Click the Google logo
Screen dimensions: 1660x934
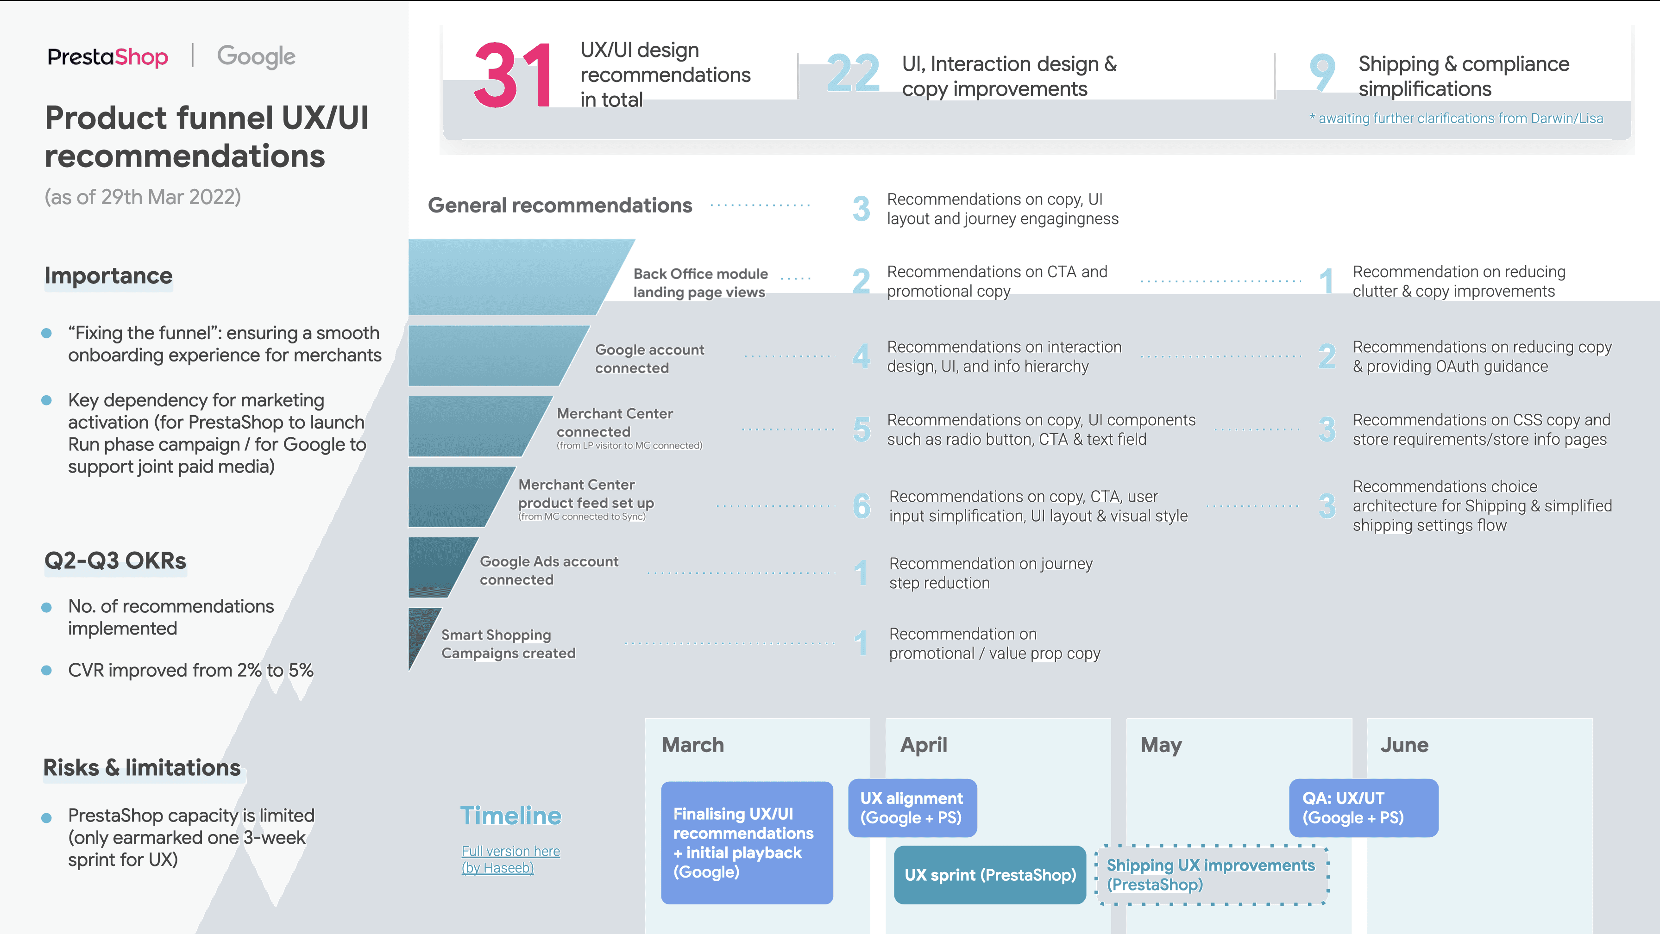click(256, 56)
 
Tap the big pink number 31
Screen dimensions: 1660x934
click(513, 76)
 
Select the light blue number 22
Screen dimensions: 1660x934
click(853, 74)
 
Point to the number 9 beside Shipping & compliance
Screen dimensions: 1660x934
click(1322, 72)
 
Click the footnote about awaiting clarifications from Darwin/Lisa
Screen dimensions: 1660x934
click(1456, 118)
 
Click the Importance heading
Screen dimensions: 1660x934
click(108, 276)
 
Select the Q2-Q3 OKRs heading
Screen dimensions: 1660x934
click(115, 560)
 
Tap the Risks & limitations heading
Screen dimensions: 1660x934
click(142, 768)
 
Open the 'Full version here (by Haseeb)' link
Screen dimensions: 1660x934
click(510, 859)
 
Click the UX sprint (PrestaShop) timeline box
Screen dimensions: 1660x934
click(990, 875)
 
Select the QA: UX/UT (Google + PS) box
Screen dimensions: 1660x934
click(1363, 808)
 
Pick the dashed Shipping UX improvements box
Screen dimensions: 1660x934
click(1212, 875)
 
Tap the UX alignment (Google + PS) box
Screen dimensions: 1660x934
click(912, 808)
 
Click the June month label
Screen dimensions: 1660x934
click(1404, 745)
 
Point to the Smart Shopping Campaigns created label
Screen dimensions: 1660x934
click(508, 644)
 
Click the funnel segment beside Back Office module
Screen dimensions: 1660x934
click(509, 277)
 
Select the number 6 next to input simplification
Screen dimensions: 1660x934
click(861, 506)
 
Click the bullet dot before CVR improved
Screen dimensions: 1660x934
click(46, 671)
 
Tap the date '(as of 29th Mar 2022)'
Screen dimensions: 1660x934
click(142, 197)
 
